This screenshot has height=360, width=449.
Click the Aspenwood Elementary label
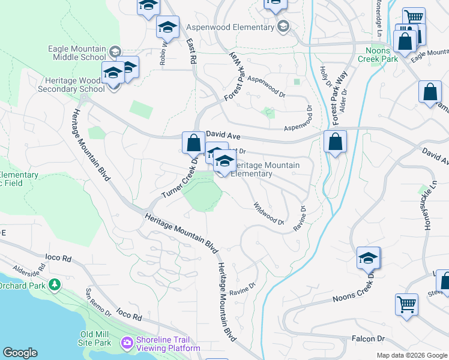coord(230,28)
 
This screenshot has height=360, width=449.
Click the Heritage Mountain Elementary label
coord(265,169)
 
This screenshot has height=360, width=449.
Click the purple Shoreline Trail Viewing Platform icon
coord(127,343)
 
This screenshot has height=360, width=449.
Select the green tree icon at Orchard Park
coord(55,284)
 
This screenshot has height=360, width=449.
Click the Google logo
coord(20,353)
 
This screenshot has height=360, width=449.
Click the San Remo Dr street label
coord(98,301)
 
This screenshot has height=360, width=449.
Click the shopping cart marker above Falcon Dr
coord(406,304)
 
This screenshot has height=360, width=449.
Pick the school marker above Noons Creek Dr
coord(368,257)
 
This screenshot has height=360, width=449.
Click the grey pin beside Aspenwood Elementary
coord(283,26)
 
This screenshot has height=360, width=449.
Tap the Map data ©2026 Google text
coord(411,355)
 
